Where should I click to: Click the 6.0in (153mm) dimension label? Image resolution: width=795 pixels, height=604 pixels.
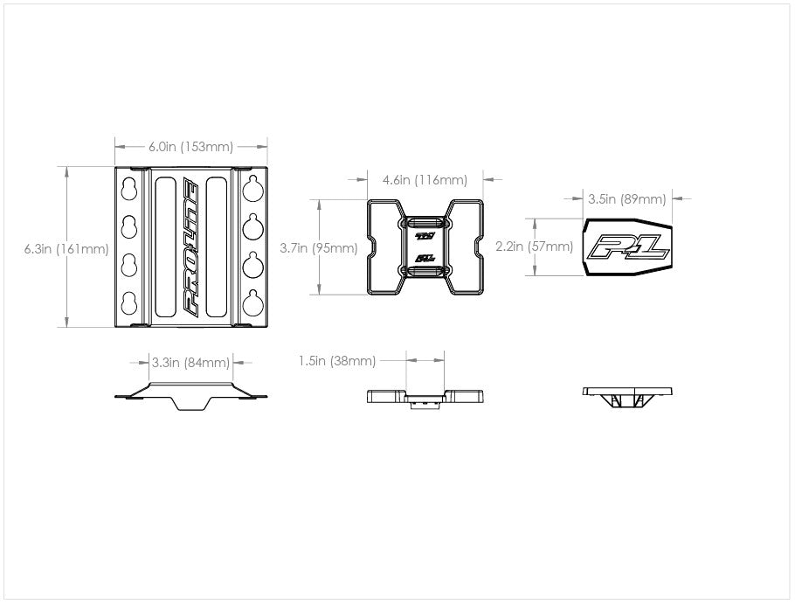point(190,147)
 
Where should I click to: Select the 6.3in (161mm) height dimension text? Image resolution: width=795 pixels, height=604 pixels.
point(66,249)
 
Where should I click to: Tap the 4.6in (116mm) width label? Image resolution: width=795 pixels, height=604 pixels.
point(425,180)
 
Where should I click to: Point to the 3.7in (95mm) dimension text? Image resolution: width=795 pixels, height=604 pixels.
point(319,248)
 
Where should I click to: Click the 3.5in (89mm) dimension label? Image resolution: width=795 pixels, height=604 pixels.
point(627,199)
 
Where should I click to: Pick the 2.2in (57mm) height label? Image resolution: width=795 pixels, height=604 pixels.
point(535,246)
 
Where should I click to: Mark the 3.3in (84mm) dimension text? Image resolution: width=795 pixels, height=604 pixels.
point(190,363)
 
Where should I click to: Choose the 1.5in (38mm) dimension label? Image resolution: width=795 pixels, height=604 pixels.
point(337,361)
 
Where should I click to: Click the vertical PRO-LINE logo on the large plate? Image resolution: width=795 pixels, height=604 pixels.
point(190,247)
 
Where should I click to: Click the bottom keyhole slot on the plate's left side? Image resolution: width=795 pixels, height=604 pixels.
point(129,304)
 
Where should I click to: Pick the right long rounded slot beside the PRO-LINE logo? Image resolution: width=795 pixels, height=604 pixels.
point(217,247)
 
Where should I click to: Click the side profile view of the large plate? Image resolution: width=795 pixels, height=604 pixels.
point(190,396)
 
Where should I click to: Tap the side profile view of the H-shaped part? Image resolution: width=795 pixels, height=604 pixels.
point(425,398)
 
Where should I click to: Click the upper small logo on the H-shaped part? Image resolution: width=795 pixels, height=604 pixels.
point(425,236)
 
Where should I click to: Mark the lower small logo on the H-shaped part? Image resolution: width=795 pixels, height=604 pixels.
point(425,258)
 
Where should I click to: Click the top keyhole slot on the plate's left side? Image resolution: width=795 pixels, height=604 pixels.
point(129,189)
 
